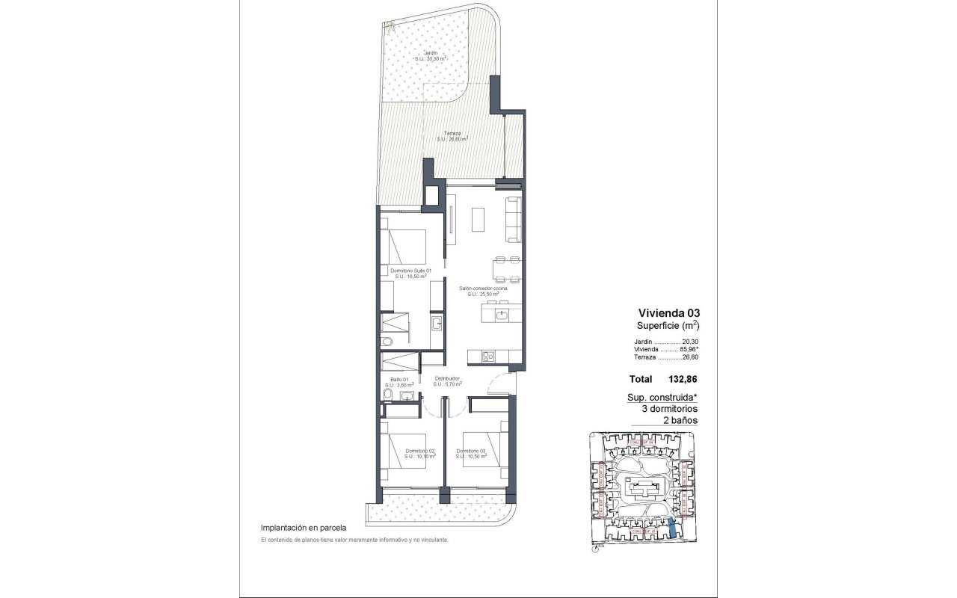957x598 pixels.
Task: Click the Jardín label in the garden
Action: [431, 54]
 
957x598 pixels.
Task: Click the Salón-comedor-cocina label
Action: [483, 289]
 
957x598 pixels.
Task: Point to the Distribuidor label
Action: [447, 379]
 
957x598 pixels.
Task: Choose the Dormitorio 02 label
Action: [420, 451]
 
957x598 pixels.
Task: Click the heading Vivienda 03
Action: [668, 312]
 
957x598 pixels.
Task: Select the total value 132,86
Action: [682, 380]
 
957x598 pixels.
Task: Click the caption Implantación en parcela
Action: [303, 527]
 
